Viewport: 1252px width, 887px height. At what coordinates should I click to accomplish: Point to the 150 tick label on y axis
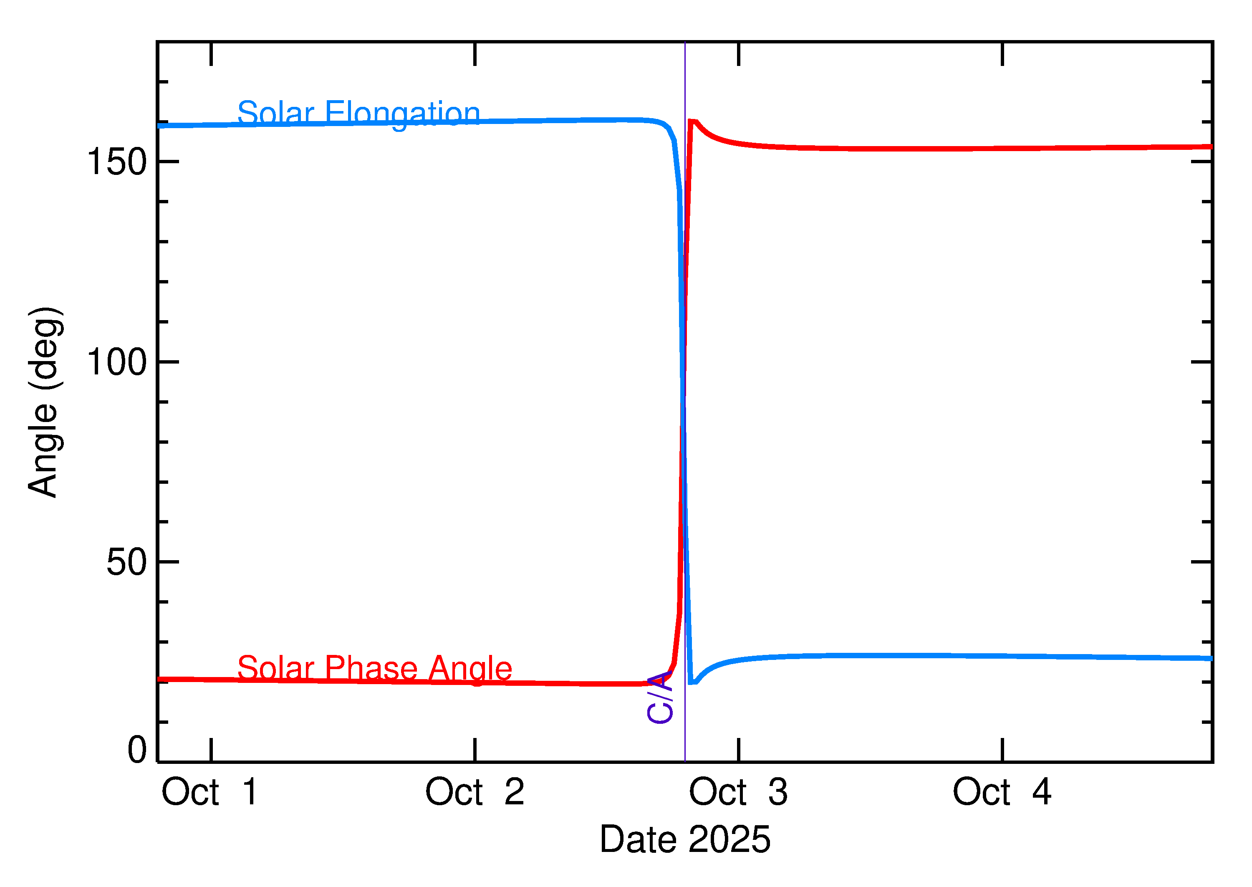[x=117, y=162]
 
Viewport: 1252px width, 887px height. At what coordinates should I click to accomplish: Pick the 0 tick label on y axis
[x=137, y=750]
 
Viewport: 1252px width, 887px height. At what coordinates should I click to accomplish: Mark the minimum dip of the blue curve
[x=692, y=682]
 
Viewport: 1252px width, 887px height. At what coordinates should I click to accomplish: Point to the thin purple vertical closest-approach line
[x=685, y=273]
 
